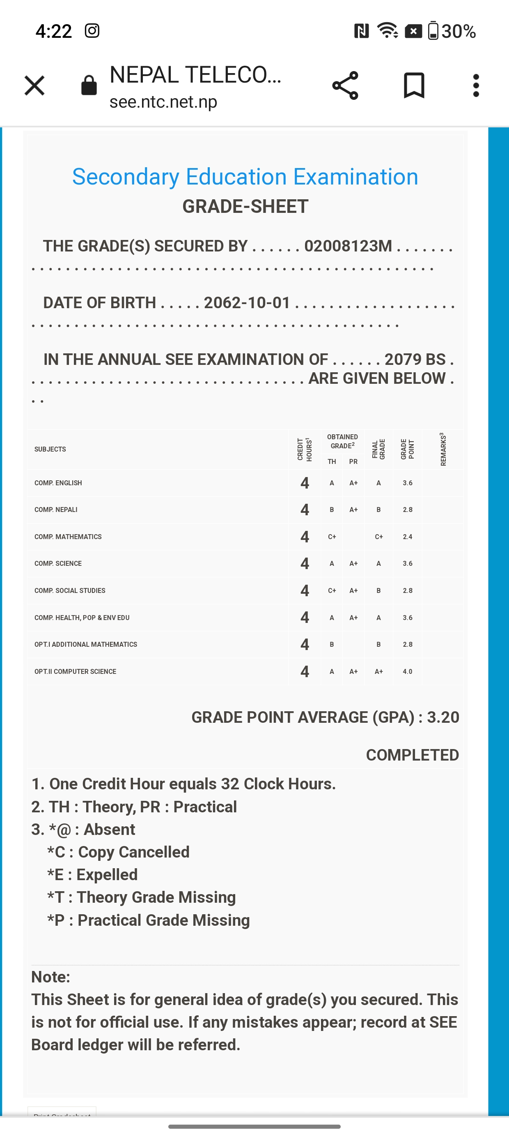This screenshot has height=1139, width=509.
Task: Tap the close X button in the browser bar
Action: (34, 85)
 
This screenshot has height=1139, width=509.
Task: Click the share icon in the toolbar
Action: (345, 85)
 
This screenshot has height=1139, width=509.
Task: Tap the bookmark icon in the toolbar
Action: (414, 85)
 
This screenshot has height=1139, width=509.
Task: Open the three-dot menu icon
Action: (475, 85)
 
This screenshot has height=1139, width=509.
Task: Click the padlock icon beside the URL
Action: (89, 85)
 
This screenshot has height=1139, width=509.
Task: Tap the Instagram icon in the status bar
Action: (92, 31)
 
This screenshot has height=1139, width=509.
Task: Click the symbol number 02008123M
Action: (348, 246)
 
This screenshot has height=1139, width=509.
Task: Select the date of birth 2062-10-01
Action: (247, 303)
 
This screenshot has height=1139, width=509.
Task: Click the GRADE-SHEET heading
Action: (245, 207)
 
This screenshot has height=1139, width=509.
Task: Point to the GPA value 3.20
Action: (443, 717)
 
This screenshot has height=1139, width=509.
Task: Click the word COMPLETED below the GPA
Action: (412, 755)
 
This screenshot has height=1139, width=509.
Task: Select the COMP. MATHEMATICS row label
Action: (68, 537)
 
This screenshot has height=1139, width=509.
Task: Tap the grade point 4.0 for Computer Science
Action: (407, 671)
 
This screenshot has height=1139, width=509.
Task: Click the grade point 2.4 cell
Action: (407, 537)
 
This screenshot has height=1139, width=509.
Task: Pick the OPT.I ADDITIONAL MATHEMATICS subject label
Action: (86, 644)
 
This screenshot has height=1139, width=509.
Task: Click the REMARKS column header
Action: (443, 449)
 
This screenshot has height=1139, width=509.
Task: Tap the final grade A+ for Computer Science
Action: (378, 671)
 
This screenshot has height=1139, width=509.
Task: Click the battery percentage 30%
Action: (459, 31)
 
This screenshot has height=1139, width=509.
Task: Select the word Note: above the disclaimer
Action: (51, 977)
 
